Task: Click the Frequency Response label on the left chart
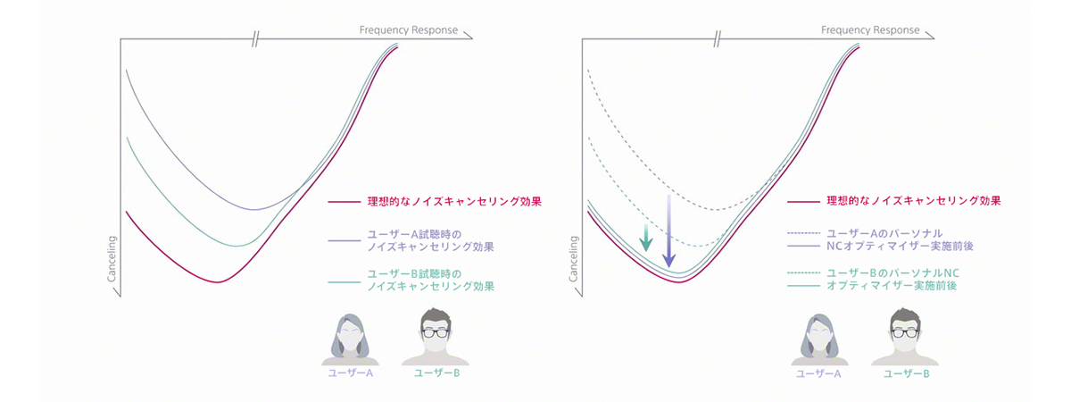pyautogui.click(x=409, y=30)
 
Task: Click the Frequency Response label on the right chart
pyautogui.click(x=870, y=30)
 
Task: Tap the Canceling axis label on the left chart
pyautogui.click(x=112, y=259)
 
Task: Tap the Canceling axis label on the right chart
pyautogui.click(x=573, y=259)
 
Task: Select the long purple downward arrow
pyautogui.click(x=668, y=230)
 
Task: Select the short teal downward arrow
pyautogui.click(x=646, y=238)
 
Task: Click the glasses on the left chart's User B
pyautogui.click(x=436, y=333)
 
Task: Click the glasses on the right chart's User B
pyautogui.click(x=905, y=333)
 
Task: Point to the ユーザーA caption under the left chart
pyautogui.click(x=351, y=373)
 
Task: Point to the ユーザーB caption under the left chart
pyautogui.click(x=437, y=373)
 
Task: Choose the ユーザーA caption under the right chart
pyautogui.click(x=818, y=373)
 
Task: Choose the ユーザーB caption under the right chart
pyautogui.click(x=907, y=373)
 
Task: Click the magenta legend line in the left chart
pyautogui.click(x=345, y=202)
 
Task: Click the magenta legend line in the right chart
pyautogui.click(x=804, y=202)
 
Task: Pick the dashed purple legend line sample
pyautogui.click(x=804, y=233)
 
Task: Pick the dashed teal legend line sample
pyautogui.click(x=804, y=272)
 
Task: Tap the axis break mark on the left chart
pyautogui.click(x=256, y=38)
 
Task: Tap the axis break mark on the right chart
pyautogui.click(x=718, y=38)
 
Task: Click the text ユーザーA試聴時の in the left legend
pyautogui.click(x=414, y=234)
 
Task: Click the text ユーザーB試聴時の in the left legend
pyautogui.click(x=414, y=273)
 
